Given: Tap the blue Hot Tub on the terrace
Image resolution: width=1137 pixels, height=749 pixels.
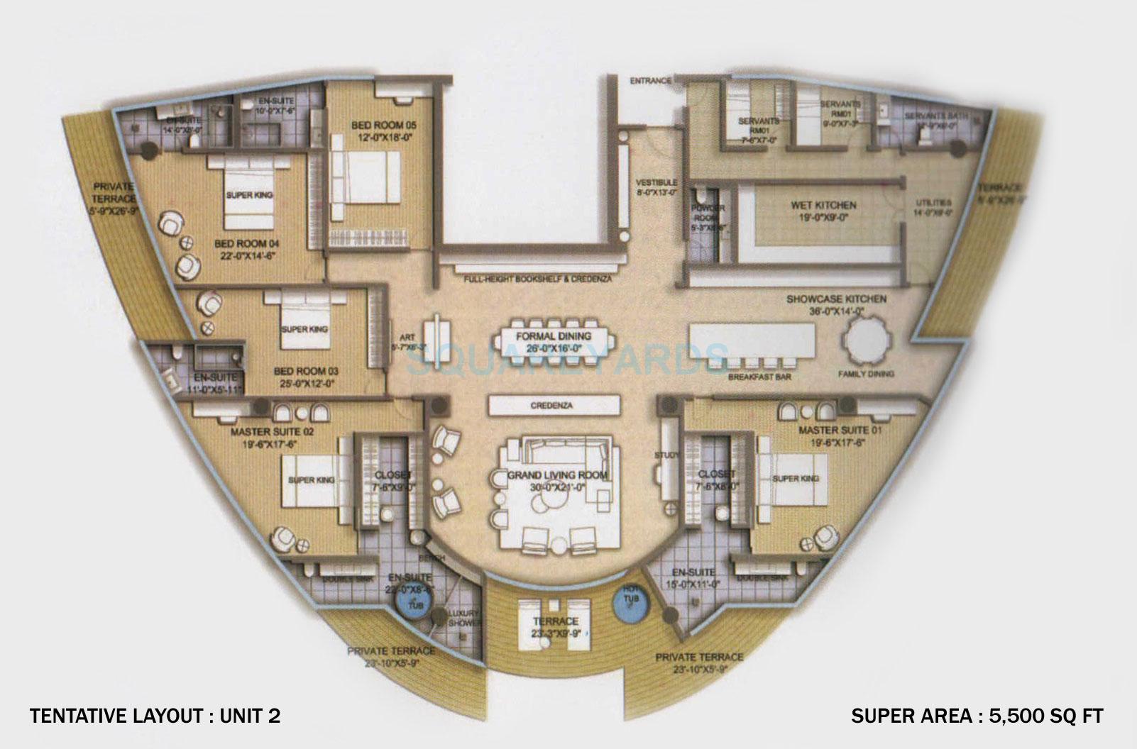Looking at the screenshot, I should [x=627, y=605].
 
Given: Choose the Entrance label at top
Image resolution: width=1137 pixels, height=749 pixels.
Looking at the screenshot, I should [x=650, y=82].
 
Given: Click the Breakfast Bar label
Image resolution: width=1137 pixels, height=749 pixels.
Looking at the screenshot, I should [x=759, y=377].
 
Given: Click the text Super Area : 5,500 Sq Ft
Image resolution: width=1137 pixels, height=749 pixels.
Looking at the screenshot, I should [x=977, y=716].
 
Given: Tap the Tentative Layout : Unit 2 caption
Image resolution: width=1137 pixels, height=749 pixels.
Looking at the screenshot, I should [x=155, y=716].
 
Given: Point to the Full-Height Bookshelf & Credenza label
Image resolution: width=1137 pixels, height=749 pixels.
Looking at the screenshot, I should [x=538, y=279].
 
